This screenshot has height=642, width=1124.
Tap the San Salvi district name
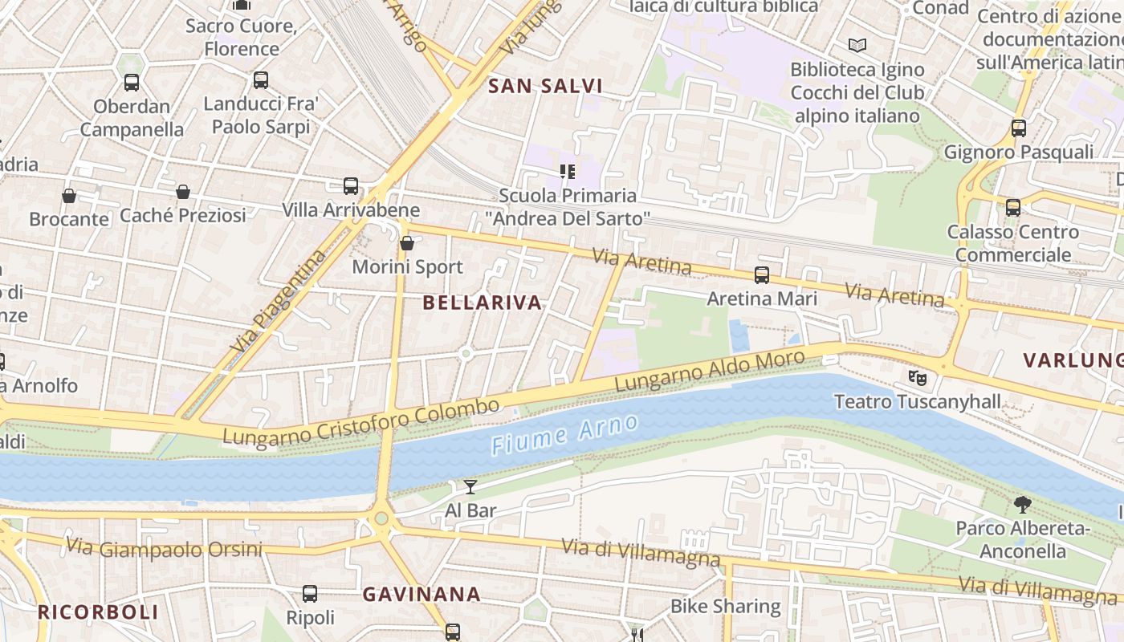(545, 86)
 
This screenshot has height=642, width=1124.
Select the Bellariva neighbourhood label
(482, 303)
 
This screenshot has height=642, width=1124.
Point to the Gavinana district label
(421, 595)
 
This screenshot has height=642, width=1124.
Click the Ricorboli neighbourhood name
(98, 612)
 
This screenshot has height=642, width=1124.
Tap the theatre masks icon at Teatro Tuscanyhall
(917, 376)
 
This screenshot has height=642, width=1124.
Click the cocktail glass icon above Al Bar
(470, 486)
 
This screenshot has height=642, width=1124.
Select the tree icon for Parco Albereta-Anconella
(1022, 504)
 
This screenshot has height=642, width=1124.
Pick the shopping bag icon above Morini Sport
(407, 243)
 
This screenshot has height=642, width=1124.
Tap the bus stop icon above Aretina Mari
(762, 275)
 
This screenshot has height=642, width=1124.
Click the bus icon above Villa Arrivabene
(351, 186)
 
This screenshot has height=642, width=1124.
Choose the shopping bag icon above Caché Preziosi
(183, 192)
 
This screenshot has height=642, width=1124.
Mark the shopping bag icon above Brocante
(69, 196)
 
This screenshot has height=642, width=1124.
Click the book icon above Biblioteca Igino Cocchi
(857, 45)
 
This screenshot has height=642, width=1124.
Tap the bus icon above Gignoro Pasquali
(1018, 128)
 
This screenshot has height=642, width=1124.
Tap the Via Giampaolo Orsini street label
(164, 549)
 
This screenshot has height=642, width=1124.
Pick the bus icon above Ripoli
(310, 594)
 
